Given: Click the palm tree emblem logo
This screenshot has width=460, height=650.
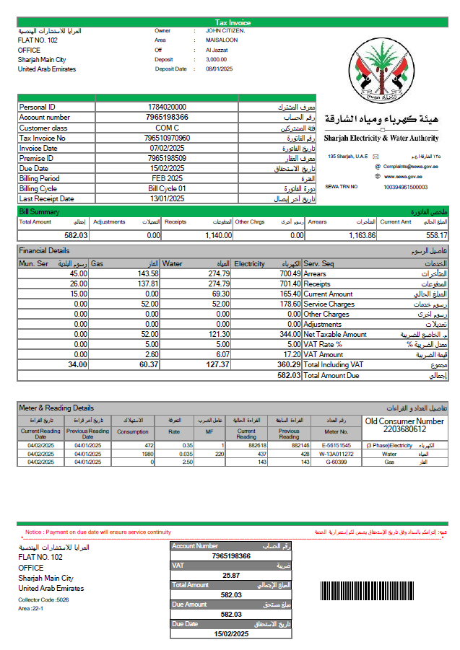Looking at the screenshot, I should tap(379, 71).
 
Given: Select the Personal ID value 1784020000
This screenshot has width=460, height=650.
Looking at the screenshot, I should tap(167, 107).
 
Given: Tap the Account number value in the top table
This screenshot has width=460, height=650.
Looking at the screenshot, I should tap(167, 117).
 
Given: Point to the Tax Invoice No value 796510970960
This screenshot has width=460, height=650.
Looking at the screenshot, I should tap(167, 138).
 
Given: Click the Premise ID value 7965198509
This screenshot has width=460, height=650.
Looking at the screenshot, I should tap(167, 158).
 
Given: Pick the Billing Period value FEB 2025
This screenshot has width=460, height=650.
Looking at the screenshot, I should tap(167, 178).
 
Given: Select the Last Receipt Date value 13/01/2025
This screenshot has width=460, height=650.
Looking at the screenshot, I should tap(167, 198).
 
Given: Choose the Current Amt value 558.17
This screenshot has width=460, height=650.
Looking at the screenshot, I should tap(436, 235).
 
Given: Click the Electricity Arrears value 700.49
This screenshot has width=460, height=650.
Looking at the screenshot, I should tap(287, 274).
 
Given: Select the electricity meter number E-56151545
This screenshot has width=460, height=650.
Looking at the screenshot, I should tap(337, 446).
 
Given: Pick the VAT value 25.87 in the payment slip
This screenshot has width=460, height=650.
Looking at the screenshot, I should tap(231, 575).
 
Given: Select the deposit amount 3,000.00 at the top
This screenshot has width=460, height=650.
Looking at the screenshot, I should tap(216, 60).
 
